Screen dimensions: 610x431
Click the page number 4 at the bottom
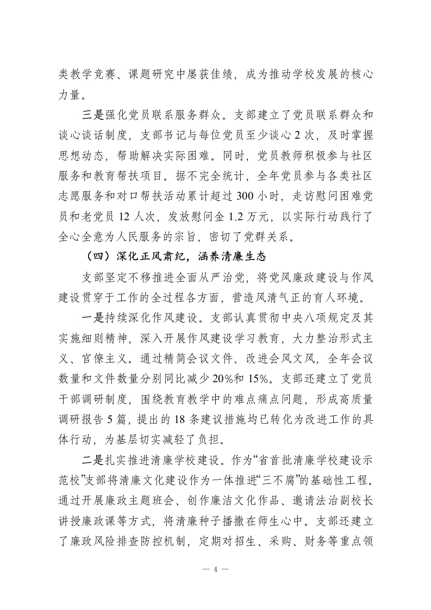point(215,570)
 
